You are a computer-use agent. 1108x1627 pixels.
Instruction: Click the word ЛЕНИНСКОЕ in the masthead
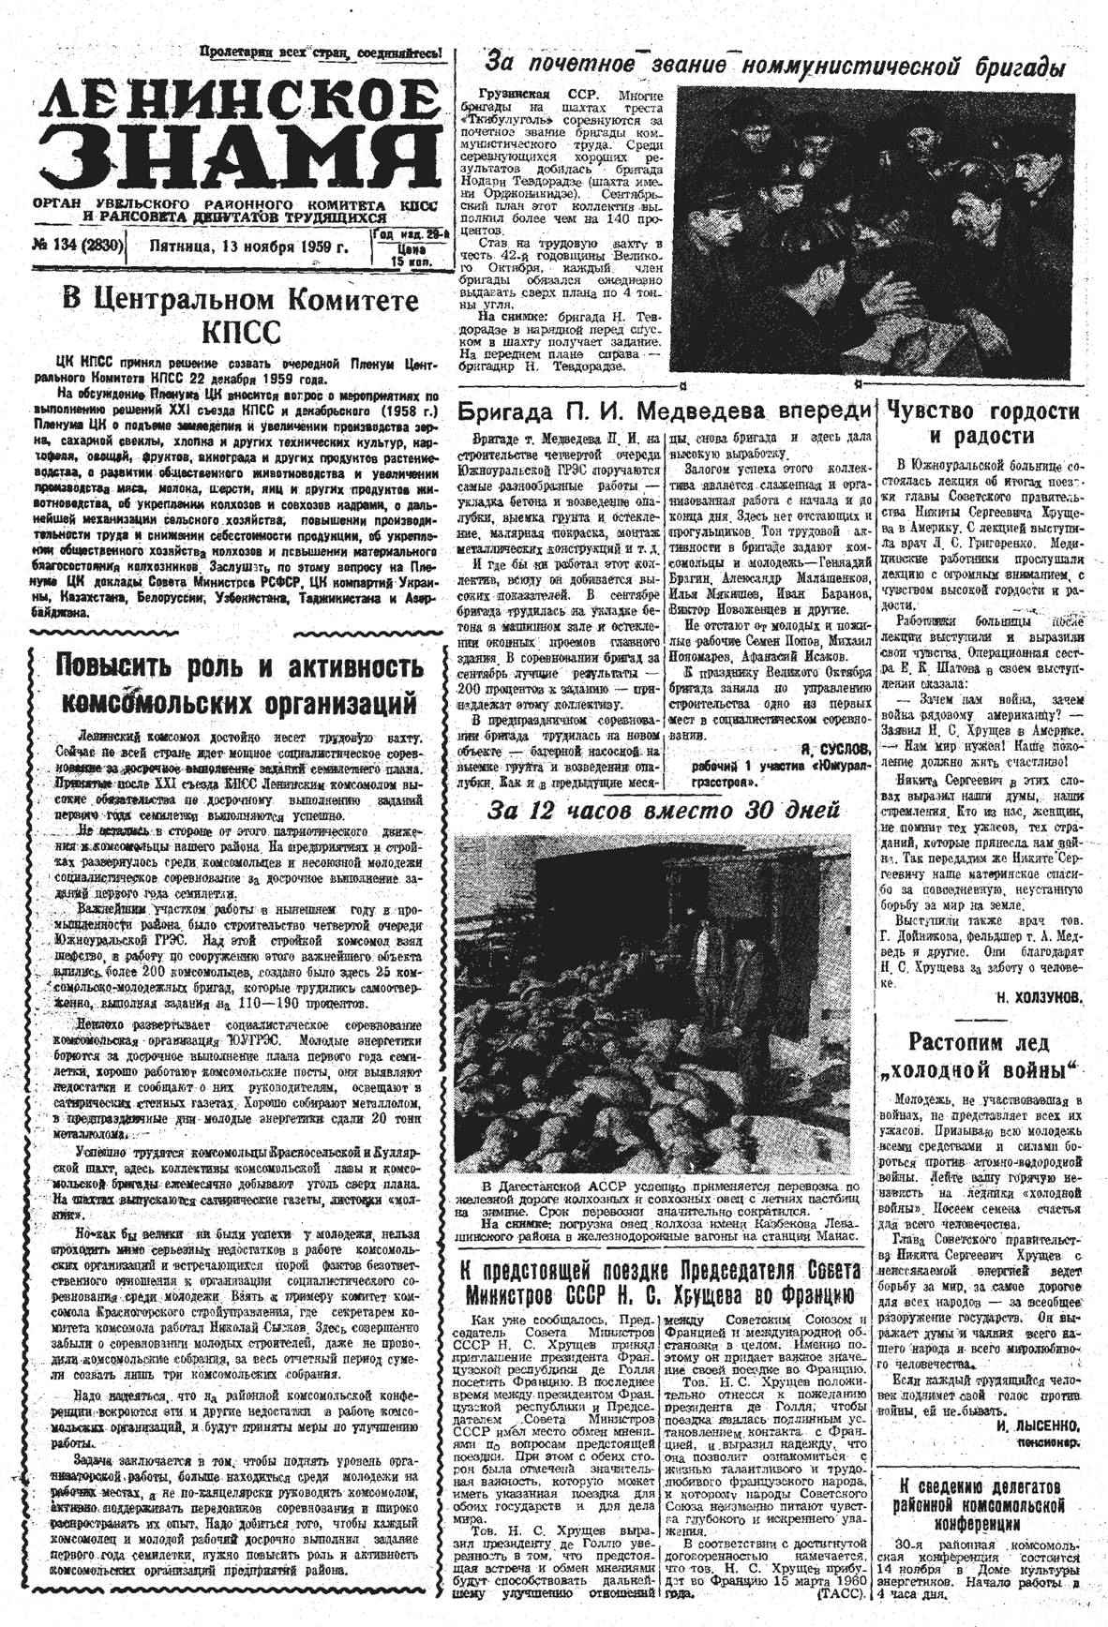238,99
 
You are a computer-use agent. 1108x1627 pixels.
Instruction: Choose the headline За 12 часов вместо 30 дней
664,810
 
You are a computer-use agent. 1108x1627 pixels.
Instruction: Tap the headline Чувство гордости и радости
982,424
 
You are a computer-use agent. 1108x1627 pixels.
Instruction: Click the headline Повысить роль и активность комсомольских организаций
238,684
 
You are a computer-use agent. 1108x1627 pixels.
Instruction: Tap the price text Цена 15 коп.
412,256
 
